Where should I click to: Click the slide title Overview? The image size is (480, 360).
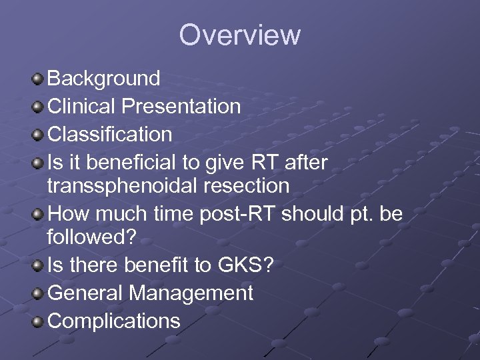(239, 35)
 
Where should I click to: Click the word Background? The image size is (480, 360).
(104, 79)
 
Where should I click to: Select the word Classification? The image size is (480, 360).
(110, 135)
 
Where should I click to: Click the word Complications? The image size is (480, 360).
(114, 321)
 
